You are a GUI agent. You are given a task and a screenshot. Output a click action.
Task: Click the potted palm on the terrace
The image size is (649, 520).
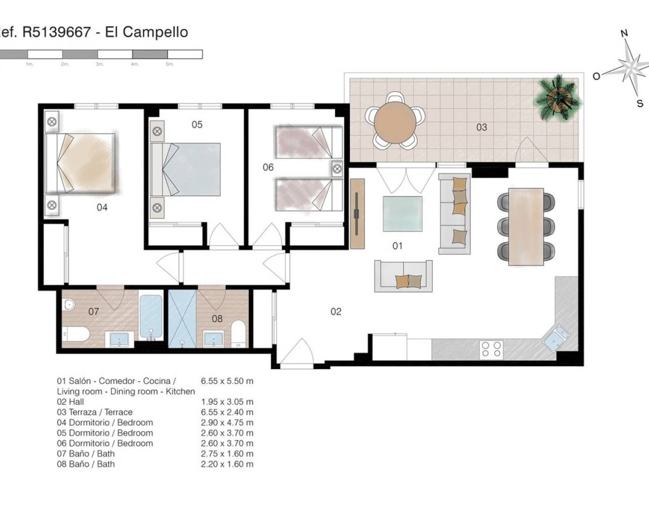[x=558, y=97]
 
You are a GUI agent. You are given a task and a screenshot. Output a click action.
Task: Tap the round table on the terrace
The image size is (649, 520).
[x=395, y=123]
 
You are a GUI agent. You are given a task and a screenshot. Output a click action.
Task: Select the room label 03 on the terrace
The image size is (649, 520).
[x=481, y=127]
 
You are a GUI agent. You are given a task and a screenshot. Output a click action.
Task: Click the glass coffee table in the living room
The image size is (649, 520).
[x=403, y=214]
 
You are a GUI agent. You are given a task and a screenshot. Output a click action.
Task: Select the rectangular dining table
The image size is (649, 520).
[x=526, y=227]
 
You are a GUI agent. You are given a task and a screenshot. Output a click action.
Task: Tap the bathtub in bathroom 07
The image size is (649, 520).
[x=151, y=317]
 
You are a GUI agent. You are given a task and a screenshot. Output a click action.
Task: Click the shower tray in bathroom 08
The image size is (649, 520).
[x=182, y=319]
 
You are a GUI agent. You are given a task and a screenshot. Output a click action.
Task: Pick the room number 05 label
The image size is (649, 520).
[x=197, y=124]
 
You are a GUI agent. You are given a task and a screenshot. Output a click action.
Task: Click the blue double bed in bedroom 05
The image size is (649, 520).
[x=186, y=169]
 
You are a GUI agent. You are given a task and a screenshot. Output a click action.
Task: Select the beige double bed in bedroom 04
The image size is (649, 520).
[x=80, y=163]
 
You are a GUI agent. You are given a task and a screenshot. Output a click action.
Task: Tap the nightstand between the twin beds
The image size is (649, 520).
[x=337, y=169]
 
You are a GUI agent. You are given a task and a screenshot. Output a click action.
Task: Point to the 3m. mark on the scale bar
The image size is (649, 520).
[x=99, y=64]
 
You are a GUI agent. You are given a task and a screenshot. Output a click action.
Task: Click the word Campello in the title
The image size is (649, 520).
[x=155, y=32]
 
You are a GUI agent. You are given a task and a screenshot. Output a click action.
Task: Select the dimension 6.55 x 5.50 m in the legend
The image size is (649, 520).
[x=227, y=381]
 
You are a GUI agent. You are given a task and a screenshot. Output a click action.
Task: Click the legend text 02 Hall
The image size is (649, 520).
[x=70, y=402]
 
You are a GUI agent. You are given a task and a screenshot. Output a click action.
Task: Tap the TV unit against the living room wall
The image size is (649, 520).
[x=357, y=214]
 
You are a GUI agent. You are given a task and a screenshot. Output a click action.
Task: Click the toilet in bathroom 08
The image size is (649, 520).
[x=238, y=334]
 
